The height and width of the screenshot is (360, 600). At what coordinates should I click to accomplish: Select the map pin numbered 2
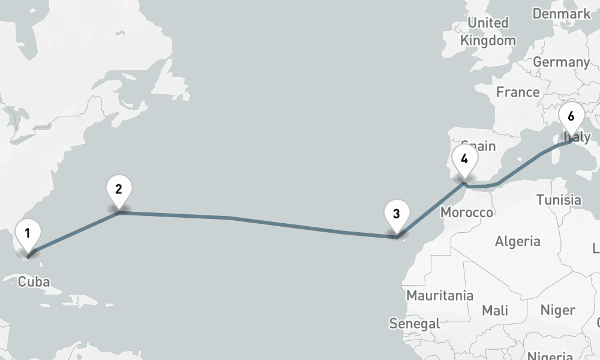(x=119, y=190)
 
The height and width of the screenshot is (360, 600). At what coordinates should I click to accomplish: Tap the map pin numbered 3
(x=396, y=214)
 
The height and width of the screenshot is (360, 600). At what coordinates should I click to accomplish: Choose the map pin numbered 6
(x=571, y=118)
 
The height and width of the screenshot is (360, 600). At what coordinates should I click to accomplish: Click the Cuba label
(x=34, y=282)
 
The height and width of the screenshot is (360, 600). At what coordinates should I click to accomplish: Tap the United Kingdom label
(x=488, y=32)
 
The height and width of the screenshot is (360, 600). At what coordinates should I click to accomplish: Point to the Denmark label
(x=562, y=13)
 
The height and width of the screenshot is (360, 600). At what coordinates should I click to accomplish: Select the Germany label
(x=561, y=62)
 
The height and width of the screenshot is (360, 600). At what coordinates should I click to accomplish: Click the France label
(x=517, y=92)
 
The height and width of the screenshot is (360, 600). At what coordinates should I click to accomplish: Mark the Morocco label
(x=466, y=212)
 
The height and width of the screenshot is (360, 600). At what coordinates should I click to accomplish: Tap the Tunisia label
(x=559, y=200)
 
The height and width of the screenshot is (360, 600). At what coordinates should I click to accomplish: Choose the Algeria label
(x=517, y=241)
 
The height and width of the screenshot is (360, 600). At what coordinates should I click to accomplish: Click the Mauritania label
(x=439, y=295)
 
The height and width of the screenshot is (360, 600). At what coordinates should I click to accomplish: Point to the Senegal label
(x=414, y=323)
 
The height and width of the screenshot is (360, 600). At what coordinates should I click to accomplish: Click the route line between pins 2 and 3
(x=258, y=221)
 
